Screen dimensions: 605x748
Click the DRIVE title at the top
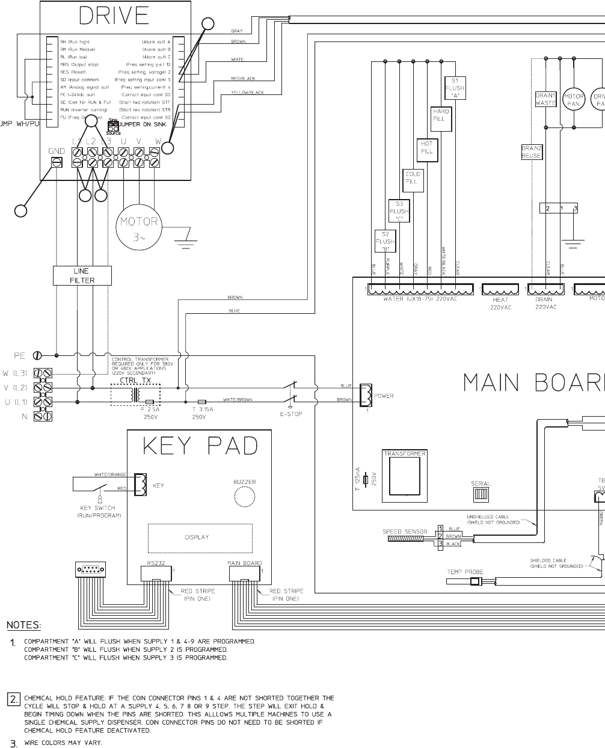(x=114, y=16)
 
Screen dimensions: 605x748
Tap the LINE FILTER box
(x=82, y=275)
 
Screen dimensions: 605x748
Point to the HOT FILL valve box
(x=426, y=147)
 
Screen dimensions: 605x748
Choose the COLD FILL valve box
(x=412, y=178)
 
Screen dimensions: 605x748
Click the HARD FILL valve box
(x=441, y=115)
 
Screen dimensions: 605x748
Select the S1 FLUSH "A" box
(x=455, y=88)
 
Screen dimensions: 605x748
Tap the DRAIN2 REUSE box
(x=532, y=152)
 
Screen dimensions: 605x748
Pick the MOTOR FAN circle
(x=574, y=100)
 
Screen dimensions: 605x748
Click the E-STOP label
(x=291, y=414)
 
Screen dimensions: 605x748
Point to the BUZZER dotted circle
(x=245, y=497)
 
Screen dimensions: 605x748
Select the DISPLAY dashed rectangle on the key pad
(x=197, y=537)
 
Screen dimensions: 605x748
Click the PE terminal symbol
(x=37, y=355)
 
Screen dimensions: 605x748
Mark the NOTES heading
(x=23, y=625)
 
